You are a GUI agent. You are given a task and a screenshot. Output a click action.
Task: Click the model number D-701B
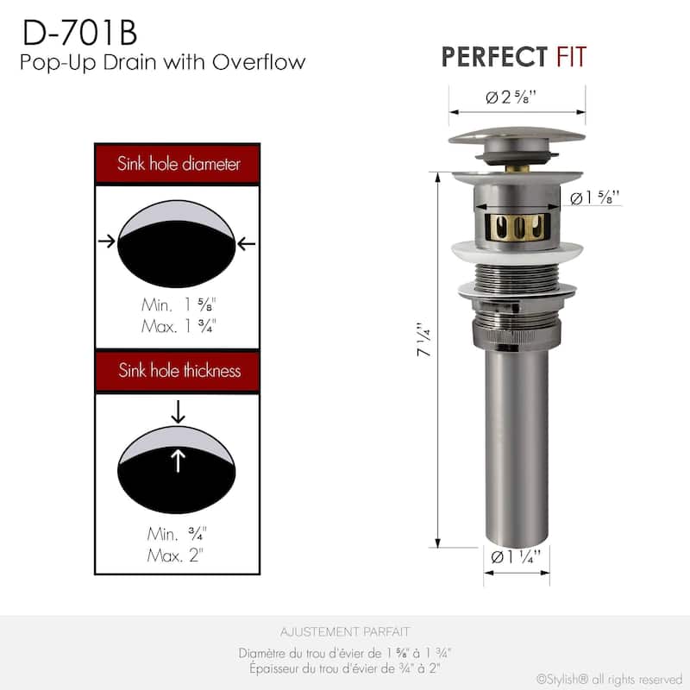(79, 33)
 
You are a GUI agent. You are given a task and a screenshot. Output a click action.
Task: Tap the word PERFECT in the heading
(494, 57)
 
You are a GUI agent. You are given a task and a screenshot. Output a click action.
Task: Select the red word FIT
(572, 57)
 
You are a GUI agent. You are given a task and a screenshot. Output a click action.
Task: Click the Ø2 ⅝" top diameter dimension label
(511, 97)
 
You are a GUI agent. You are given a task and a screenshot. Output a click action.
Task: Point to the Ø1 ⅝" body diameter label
(595, 198)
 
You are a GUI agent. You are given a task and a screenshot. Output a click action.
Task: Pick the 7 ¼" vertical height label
(424, 339)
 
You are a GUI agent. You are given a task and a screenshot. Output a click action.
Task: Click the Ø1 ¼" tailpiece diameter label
(516, 557)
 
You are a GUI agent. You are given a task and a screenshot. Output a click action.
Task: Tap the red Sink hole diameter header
(178, 163)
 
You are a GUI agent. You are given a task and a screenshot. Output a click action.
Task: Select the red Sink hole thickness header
(178, 371)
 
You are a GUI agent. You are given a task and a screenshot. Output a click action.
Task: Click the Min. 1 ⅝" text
(179, 304)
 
